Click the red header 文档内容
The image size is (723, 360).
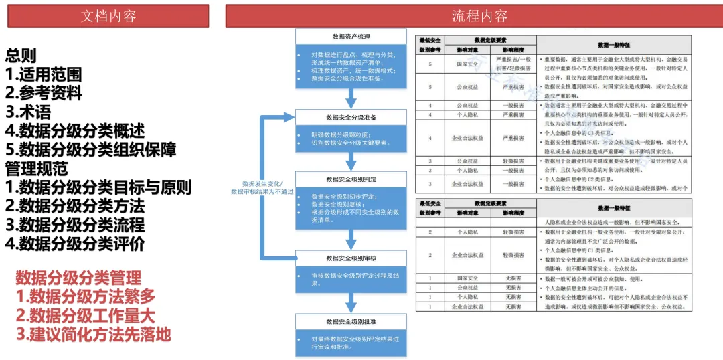pos(108,16)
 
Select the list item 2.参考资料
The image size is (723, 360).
pos(44,93)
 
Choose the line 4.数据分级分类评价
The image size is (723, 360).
pos(74,243)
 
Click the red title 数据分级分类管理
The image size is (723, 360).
pos(79,277)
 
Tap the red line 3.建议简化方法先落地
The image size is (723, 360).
pos(93,334)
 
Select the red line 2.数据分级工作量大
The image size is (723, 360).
pos(86,314)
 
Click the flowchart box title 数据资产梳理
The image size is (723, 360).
pos(351,37)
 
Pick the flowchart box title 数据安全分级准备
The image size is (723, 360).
pos(351,118)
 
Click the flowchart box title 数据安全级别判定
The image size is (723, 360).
pos(351,179)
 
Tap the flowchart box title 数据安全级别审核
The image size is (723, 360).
pos(351,258)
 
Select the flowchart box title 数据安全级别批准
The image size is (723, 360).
pos(351,321)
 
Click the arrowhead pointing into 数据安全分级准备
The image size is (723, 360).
pos(292,118)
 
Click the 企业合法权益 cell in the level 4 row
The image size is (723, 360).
pos(467,139)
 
